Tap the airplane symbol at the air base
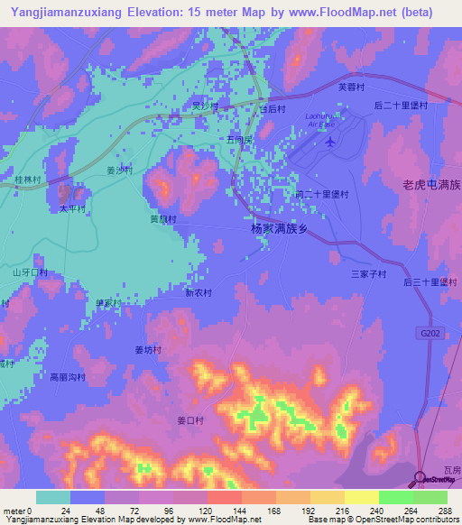[330, 142]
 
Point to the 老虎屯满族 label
[431, 184]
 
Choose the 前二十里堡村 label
[321, 194]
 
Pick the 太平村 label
[72, 208]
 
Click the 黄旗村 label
[162, 218]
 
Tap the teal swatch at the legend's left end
[52, 497]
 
